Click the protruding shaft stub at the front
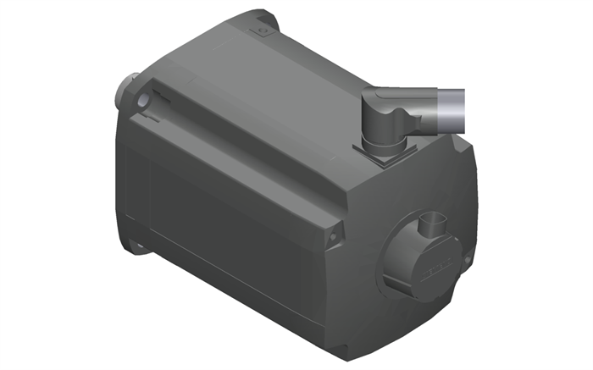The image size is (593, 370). tap(125, 86)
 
